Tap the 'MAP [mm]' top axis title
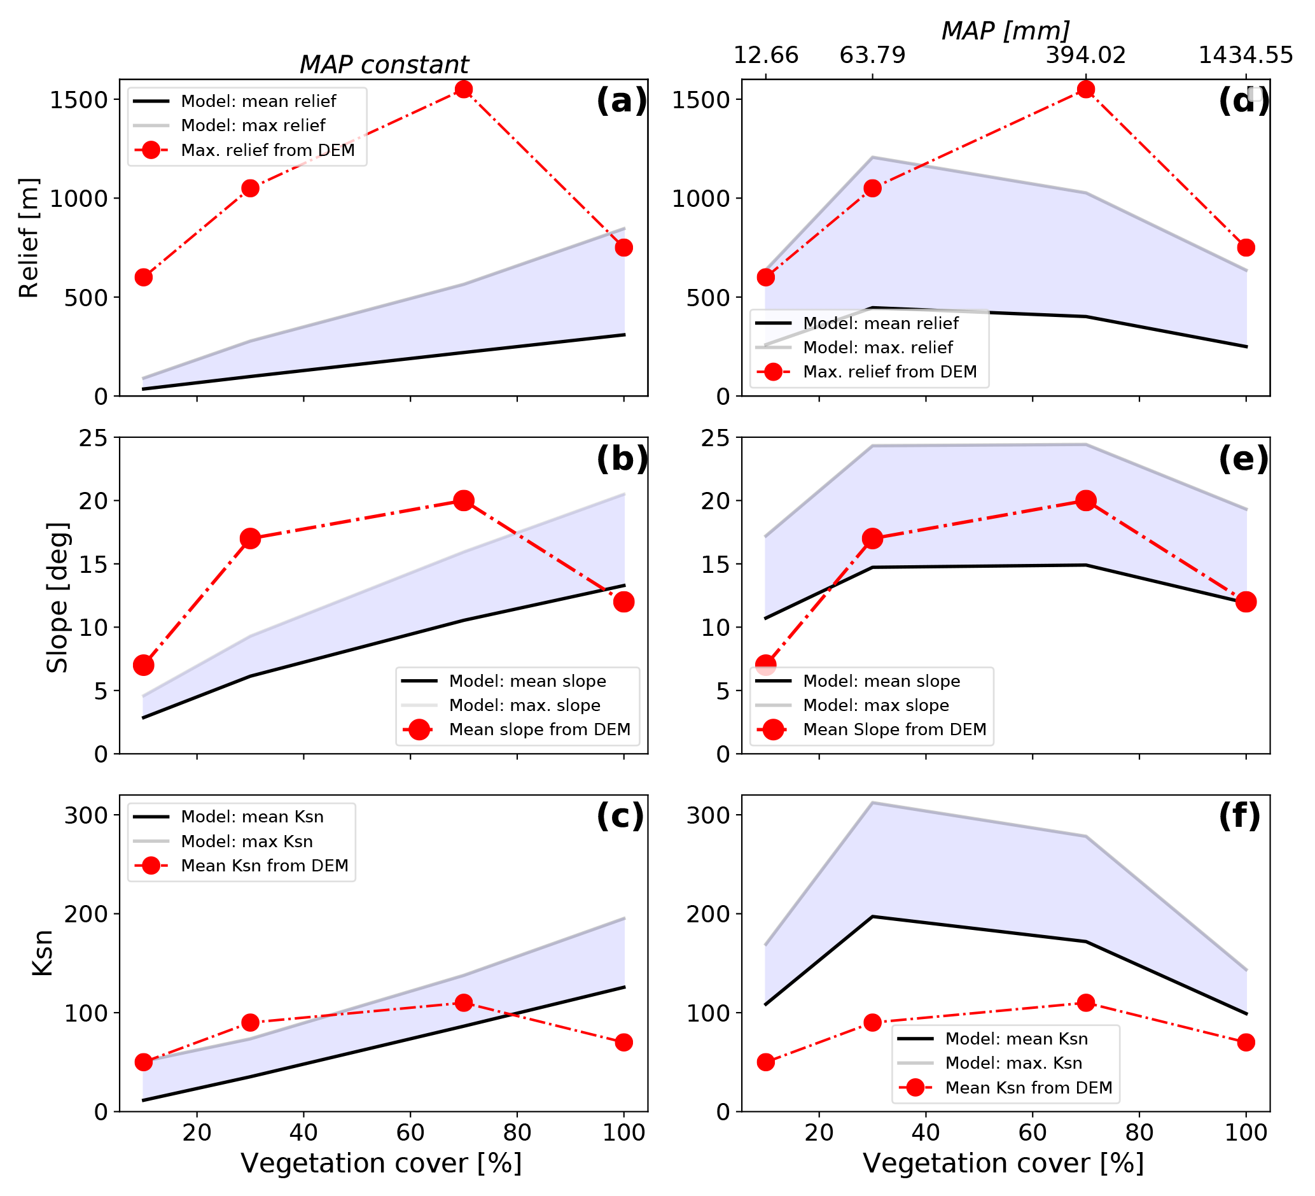[1005, 31]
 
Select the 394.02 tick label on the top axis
[1085, 55]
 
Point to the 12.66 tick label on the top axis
[766, 55]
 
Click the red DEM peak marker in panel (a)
[463, 89]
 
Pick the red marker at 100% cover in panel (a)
[623, 248]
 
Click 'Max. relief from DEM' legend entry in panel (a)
[267, 150]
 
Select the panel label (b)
[620, 459]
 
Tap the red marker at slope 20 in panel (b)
[463, 500]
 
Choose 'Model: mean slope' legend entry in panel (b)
[527, 681]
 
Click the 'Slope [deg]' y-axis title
[57, 597]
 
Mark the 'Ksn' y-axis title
[43, 953]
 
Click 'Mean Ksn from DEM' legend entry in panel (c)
[264, 865]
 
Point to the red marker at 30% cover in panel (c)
[251, 1022]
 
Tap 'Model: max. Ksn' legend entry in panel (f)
[1013, 1063]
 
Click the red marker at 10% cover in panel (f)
[766, 1062]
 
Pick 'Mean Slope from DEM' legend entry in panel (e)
[894, 729]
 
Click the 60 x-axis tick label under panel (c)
[410, 1132]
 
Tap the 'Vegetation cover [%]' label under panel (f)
[1003, 1164]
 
